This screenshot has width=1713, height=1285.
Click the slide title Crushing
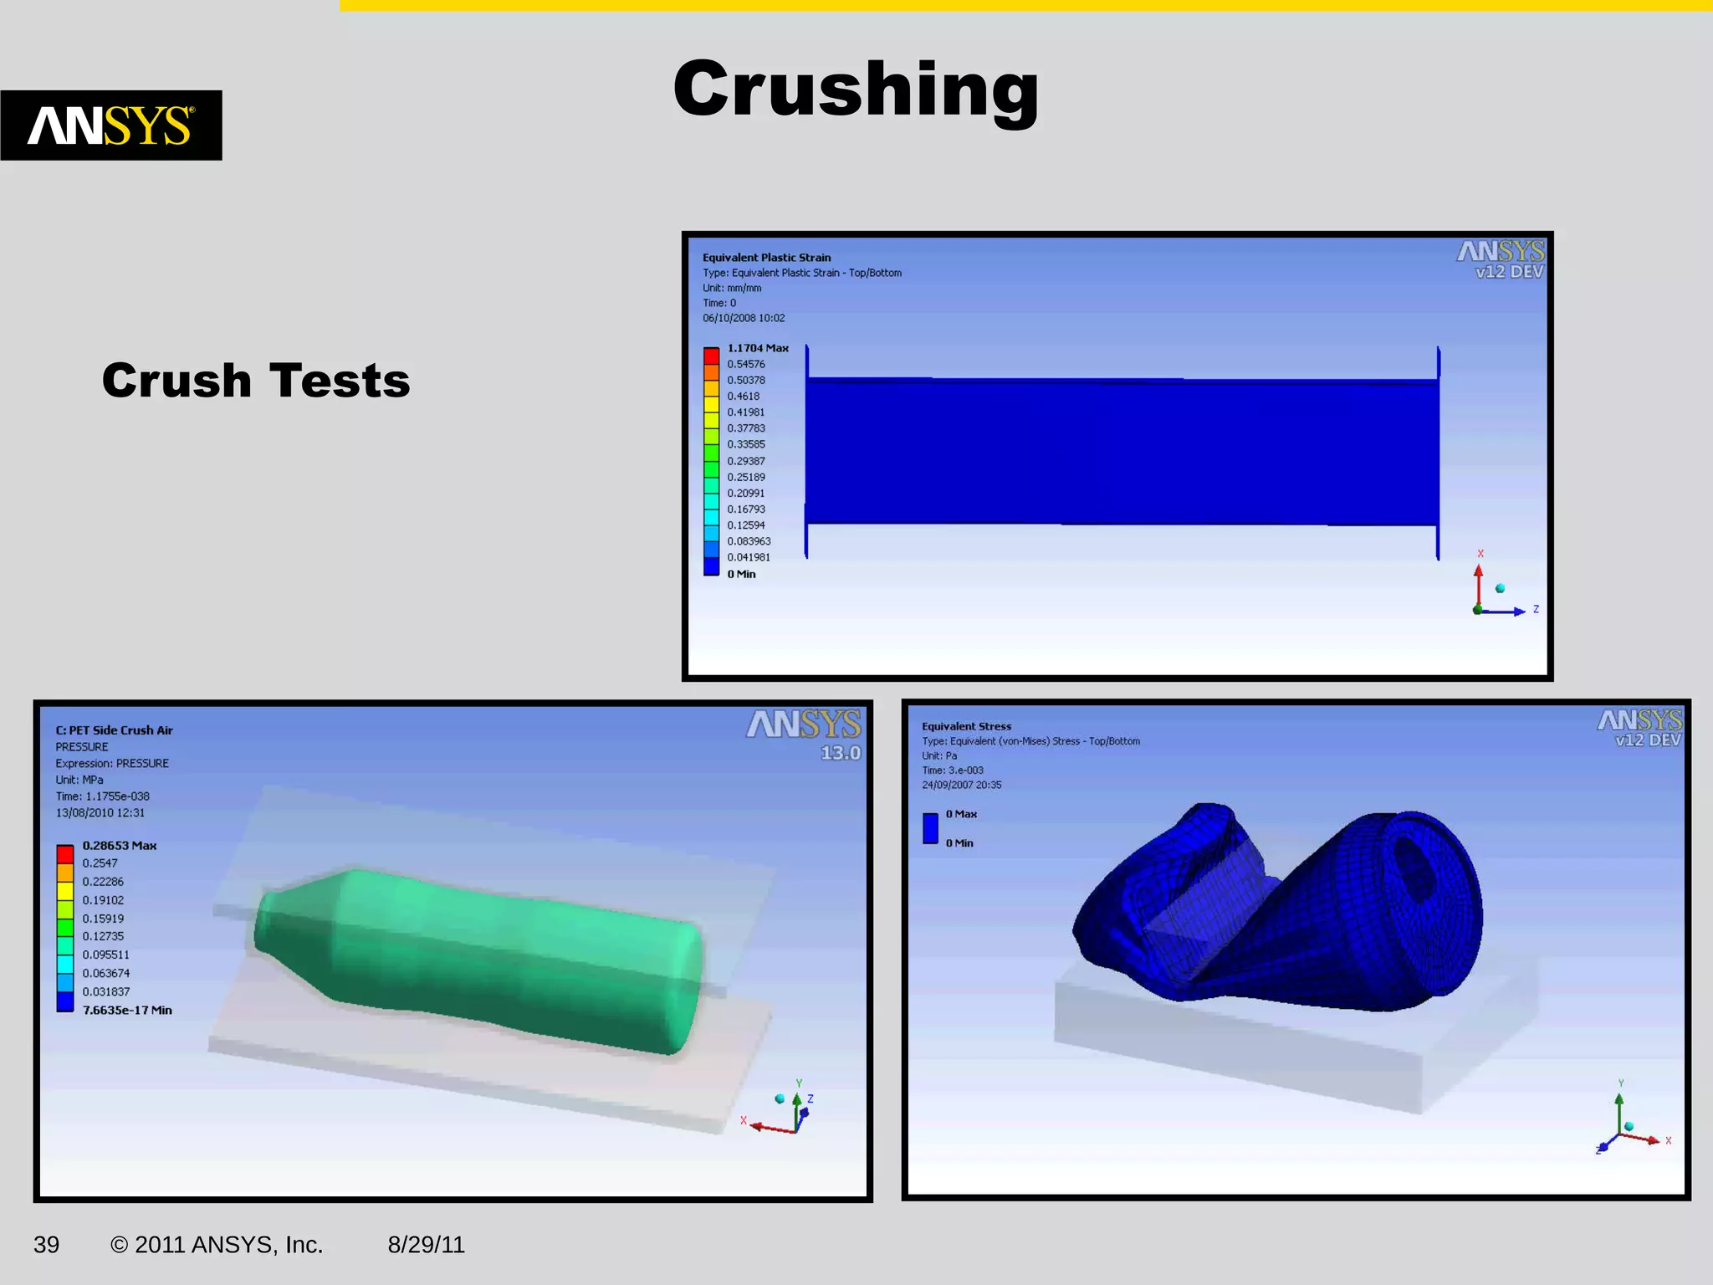pyautogui.click(x=856, y=90)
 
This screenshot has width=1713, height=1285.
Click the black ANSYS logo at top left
pyautogui.click(x=111, y=125)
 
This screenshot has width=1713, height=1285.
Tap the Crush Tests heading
pyautogui.click(x=256, y=381)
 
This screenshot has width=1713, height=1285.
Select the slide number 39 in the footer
pyautogui.click(x=46, y=1245)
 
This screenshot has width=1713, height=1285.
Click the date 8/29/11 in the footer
pyautogui.click(x=426, y=1245)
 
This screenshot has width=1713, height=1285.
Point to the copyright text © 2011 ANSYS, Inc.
pyautogui.click(x=217, y=1245)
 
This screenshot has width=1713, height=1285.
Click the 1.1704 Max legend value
pyautogui.click(x=757, y=348)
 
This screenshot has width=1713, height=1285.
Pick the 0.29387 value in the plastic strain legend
pyautogui.click(x=745, y=461)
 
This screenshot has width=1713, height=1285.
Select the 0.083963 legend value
pyautogui.click(x=749, y=541)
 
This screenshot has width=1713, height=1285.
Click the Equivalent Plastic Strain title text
pyautogui.click(x=766, y=258)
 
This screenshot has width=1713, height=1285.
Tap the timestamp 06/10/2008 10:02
pyautogui.click(x=744, y=318)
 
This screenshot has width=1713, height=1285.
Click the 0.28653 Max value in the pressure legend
pyautogui.click(x=119, y=846)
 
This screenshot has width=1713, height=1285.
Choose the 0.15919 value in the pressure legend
pyautogui.click(x=103, y=919)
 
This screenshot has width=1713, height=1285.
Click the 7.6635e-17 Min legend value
pyautogui.click(x=127, y=1011)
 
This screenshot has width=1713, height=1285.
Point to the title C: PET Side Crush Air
pyautogui.click(x=114, y=730)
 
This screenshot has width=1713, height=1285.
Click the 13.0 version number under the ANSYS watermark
pyautogui.click(x=840, y=753)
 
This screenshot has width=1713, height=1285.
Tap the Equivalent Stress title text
pyautogui.click(x=966, y=726)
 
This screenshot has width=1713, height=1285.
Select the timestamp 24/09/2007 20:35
pyautogui.click(x=961, y=785)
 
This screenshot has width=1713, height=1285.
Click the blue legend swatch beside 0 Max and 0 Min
pyautogui.click(x=930, y=828)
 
